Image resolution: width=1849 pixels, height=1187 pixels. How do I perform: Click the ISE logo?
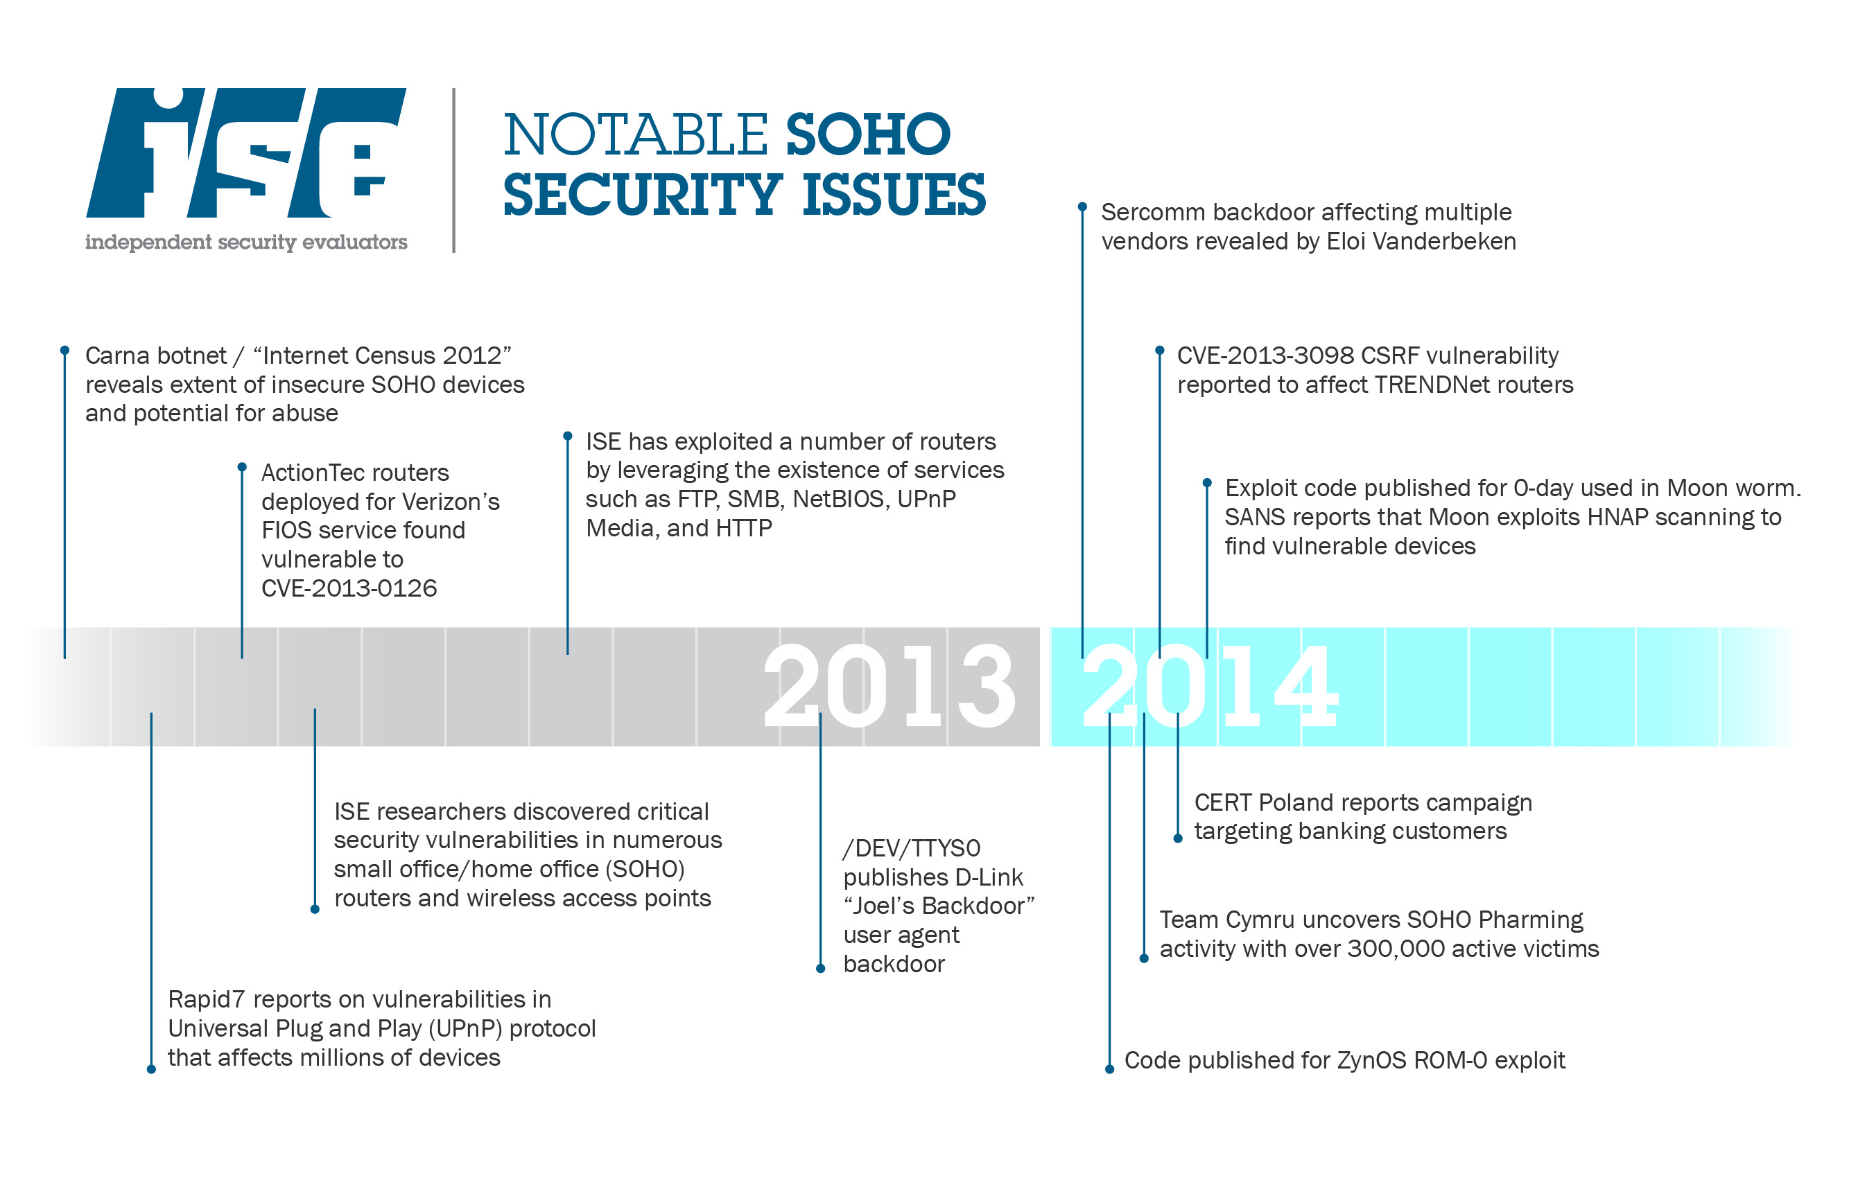(245, 152)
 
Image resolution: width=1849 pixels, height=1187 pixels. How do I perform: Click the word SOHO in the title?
(867, 135)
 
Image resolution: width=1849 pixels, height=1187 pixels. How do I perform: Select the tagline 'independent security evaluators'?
(246, 242)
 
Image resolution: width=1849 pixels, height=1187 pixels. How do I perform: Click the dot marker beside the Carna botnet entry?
(64, 351)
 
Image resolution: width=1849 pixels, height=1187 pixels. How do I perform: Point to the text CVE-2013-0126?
(349, 589)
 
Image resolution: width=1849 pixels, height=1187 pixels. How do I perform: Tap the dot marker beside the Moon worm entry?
(1207, 483)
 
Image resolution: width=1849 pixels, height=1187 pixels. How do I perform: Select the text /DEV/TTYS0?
(912, 849)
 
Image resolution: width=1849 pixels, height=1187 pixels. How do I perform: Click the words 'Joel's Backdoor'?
(939, 906)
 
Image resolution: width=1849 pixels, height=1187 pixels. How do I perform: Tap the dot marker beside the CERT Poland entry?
(1177, 838)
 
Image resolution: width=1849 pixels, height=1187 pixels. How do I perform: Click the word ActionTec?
(312, 473)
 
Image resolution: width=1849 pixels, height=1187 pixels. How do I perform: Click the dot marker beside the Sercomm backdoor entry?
(1082, 207)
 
